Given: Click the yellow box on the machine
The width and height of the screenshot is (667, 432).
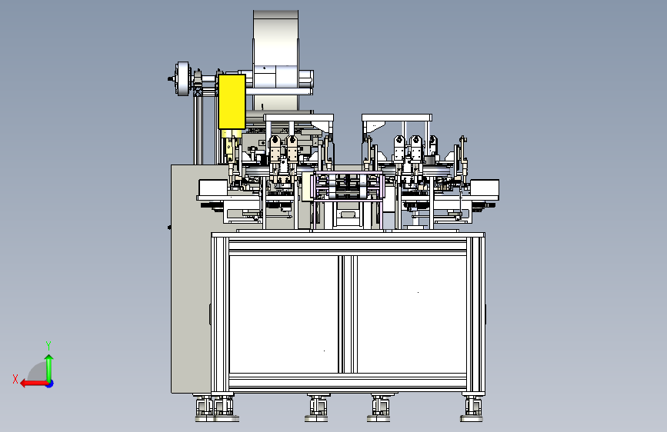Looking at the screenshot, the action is (232, 101).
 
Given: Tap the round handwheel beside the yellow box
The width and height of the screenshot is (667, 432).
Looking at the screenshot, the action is (182, 78).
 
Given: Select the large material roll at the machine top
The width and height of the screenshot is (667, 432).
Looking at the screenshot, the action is (275, 59).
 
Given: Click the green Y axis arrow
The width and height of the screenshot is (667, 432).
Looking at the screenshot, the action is (49, 369).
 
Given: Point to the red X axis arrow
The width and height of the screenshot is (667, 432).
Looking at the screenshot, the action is (34, 384).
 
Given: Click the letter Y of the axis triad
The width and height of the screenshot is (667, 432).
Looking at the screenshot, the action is (48, 345).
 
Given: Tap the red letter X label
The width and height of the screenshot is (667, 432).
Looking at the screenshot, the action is (15, 379).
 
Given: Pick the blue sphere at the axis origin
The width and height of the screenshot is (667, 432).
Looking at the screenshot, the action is (50, 384).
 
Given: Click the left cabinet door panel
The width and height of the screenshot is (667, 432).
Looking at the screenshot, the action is (284, 314).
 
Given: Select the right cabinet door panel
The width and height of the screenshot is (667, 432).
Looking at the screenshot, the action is (412, 314).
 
